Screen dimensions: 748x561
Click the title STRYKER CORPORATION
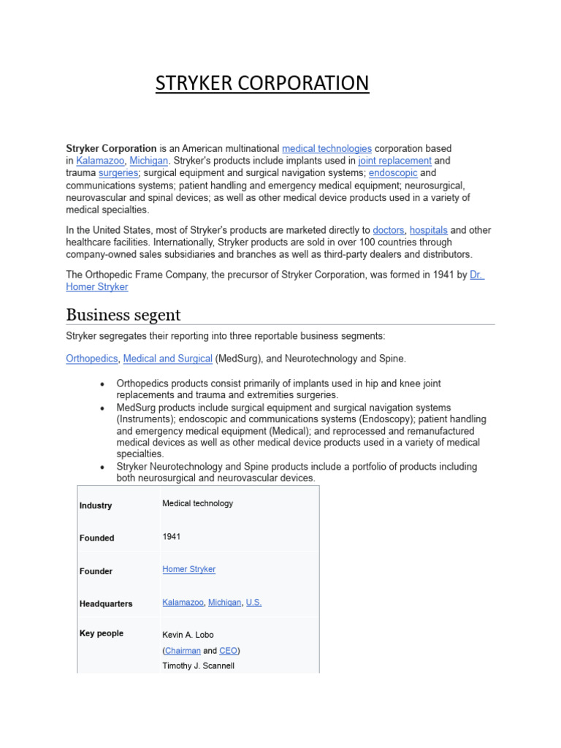[262, 83]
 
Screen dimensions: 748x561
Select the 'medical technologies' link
[327, 148]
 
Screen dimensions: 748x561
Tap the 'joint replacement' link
[394, 161]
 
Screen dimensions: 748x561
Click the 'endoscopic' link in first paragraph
[393, 173]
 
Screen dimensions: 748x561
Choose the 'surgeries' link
[118, 173]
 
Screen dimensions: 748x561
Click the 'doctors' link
[388, 230]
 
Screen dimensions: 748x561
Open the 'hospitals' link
[428, 230]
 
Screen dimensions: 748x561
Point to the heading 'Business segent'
[123, 315]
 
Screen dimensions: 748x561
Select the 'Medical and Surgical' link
[167, 359]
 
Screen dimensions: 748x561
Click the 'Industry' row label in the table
[96, 505]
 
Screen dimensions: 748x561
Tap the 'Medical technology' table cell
[197, 503]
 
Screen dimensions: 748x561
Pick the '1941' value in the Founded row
[171, 536]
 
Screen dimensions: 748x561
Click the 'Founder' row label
[96, 571]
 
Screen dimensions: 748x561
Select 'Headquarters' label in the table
[106, 604]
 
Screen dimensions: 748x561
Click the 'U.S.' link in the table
[253, 603]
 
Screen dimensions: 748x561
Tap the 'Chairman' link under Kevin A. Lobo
[183, 650]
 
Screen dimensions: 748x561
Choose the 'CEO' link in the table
[228, 650]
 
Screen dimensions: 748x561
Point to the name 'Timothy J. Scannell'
[198, 665]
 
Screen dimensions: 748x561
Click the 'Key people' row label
[101, 633]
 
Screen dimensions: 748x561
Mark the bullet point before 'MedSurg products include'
[102, 408]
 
